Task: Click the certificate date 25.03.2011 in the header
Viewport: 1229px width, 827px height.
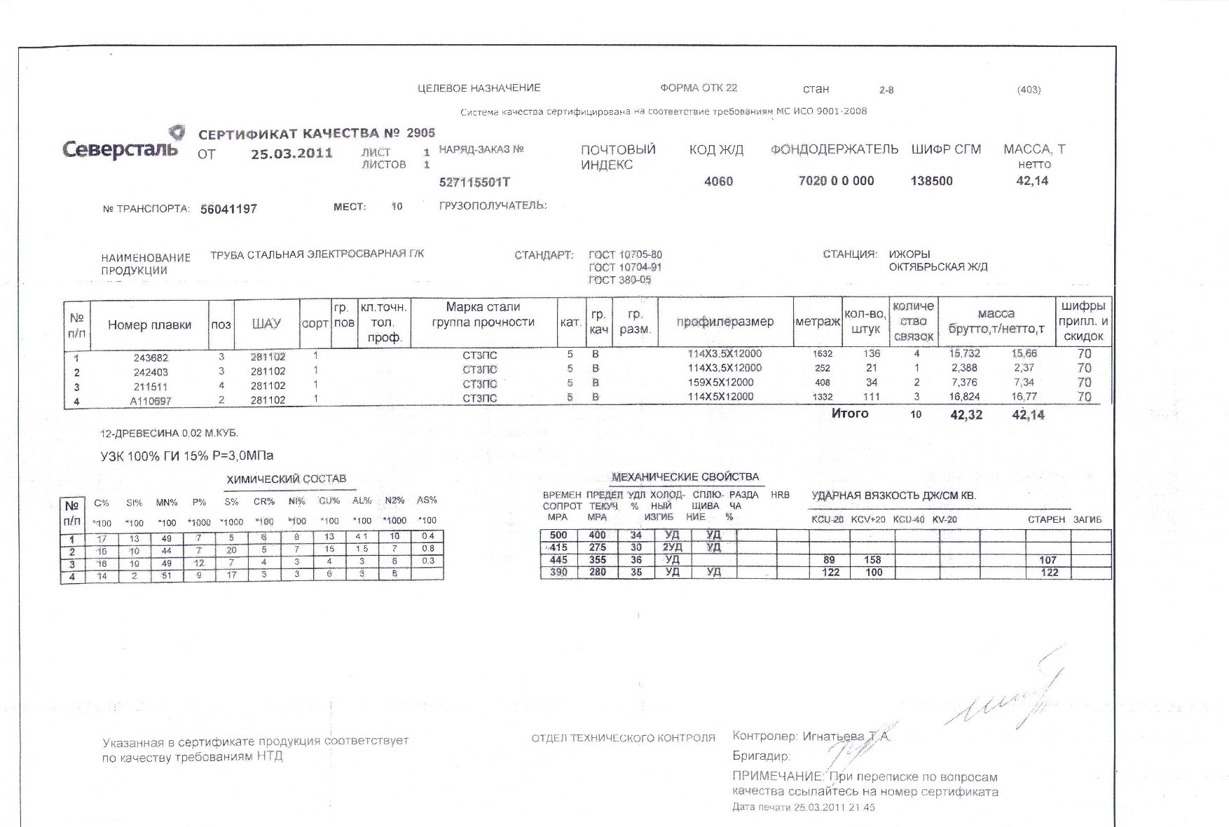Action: tap(291, 153)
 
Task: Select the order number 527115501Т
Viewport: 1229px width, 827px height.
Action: tap(474, 182)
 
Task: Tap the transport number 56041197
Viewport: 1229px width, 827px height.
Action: tap(228, 209)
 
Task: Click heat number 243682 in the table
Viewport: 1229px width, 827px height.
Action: tap(151, 357)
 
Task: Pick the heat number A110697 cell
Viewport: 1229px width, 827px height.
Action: tap(151, 401)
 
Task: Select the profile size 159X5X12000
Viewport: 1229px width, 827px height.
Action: tap(720, 383)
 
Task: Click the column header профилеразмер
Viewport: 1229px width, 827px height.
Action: tap(725, 322)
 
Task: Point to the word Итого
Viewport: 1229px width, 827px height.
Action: tap(849, 413)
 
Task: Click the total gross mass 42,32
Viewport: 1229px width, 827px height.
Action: tap(966, 415)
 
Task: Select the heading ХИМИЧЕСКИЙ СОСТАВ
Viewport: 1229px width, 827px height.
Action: tap(287, 479)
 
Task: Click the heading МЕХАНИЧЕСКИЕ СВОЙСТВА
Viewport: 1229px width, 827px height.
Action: tap(685, 477)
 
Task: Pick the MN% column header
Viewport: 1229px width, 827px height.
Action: tap(167, 503)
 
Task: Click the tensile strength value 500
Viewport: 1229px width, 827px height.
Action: tap(558, 535)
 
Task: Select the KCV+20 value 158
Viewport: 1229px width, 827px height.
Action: tap(872, 560)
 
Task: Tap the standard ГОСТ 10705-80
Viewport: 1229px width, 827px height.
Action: tap(625, 254)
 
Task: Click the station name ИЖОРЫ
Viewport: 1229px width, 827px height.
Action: tap(909, 254)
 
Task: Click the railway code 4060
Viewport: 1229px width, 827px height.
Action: tap(718, 182)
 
